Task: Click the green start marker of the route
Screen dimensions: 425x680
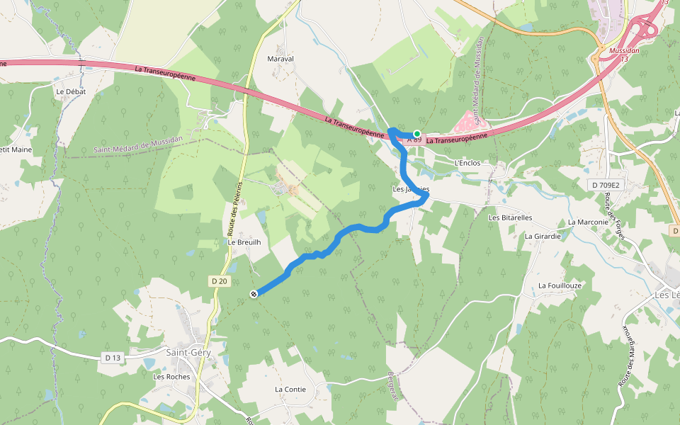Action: [417, 134]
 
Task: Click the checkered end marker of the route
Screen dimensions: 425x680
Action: [254, 294]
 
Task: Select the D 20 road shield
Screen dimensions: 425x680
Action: [220, 281]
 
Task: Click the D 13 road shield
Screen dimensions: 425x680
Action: [113, 358]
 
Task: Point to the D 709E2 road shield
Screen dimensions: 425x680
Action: [604, 186]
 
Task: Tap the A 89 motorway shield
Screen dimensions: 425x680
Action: [414, 140]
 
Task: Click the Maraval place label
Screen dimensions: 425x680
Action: [280, 59]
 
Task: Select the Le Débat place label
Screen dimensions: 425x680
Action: [70, 91]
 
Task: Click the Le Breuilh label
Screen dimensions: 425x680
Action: [244, 242]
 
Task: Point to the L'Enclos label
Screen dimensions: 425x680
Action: [467, 163]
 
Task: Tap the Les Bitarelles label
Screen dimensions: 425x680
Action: [510, 217]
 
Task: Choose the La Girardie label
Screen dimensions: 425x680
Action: [543, 236]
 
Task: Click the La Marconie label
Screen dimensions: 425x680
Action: [588, 222]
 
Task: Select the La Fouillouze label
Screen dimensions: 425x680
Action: [560, 285]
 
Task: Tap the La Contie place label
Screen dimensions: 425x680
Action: [290, 390]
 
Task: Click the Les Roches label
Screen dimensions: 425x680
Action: [171, 377]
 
